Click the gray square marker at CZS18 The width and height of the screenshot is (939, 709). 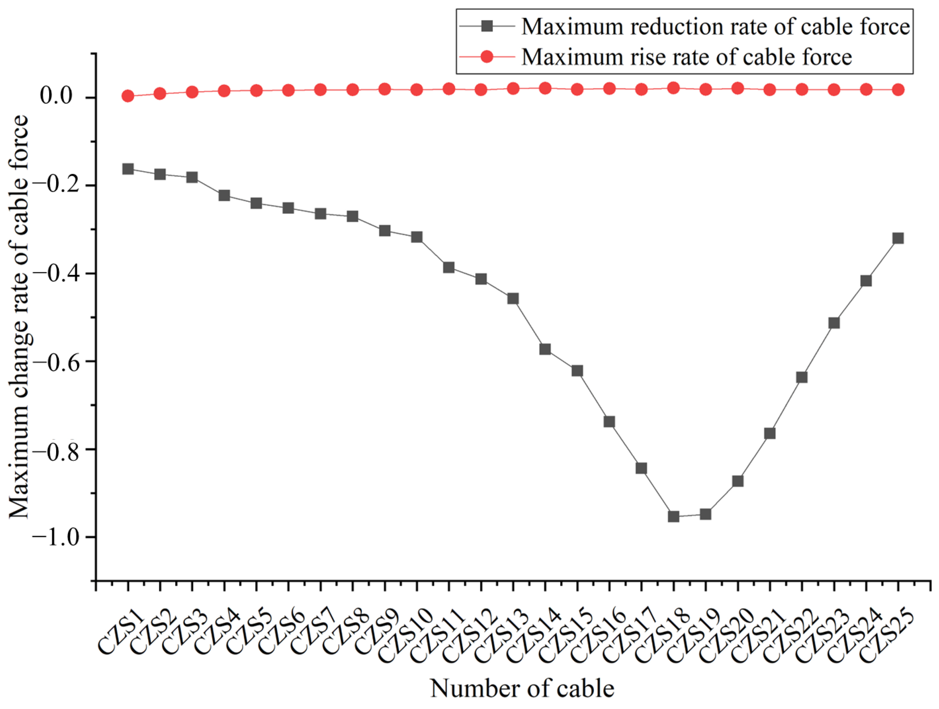[x=674, y=516]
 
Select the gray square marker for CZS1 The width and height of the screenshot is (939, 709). [x=128, y=169]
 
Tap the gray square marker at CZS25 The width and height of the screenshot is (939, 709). [x=898, y=238]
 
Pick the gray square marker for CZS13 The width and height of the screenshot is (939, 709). [x=513, y=299]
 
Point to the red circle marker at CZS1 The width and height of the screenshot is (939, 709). [x=128, y=96]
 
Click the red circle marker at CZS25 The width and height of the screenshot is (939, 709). [x=898, y=90]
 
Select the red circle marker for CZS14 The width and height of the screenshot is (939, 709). [x=545, y=88]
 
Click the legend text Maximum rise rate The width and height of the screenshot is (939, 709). [x=686, y=56]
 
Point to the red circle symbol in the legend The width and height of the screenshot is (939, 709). [x=487, y=56]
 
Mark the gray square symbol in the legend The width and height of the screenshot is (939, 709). [x=487, y=27]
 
